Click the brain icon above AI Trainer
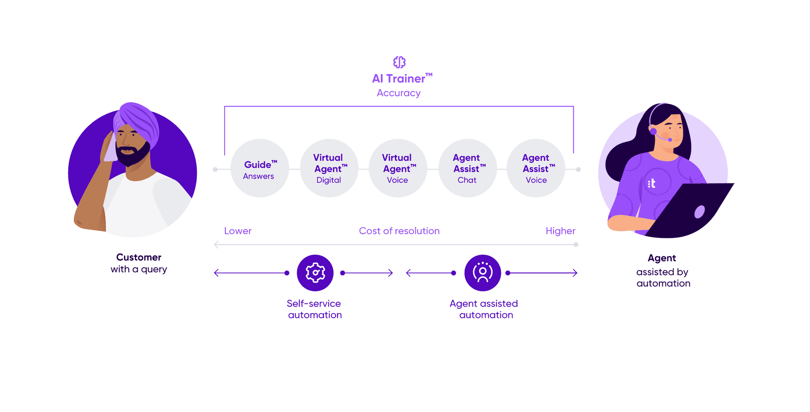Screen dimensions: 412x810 click(x=399, y=62)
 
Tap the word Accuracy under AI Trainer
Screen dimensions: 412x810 click(x=399, y=93)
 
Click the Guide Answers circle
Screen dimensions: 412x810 click(x=259, y=169)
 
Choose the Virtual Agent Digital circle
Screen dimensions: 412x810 click(x=329, y=169)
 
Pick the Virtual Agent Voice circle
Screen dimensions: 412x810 click(x=398, y=169)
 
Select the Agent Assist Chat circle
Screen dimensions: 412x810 click(x=467, y=169)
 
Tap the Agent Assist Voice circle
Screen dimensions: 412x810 click(x=536, y=169)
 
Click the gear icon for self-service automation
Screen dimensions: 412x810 click(x=315, y=273)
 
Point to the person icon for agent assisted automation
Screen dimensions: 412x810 click(x=483, y=273)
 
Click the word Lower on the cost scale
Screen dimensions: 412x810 click(x=238, y=231)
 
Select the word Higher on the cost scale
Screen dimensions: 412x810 click(x=560, y=231)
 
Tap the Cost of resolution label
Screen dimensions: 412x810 click(x=399, y=231)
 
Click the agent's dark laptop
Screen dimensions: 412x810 click(x=692, y=211)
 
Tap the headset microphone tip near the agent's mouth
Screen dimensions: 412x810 click(x=670, y=140)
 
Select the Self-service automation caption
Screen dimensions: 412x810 click(x=314, y=309)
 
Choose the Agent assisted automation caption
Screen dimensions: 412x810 click(x=484, y=309)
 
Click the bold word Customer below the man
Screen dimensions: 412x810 click(x=139, y=257)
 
